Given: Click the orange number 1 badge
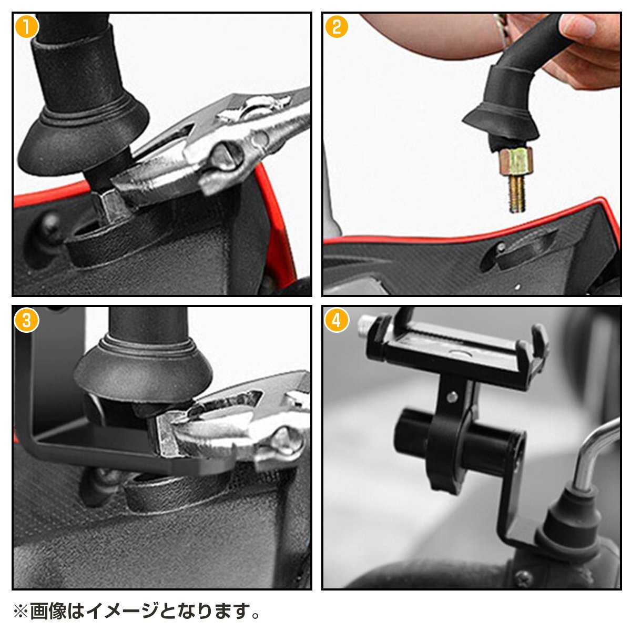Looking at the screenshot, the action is click(26, 27).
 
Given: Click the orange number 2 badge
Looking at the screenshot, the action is click(337, 27).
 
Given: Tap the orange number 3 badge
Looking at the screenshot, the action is click(26, 320).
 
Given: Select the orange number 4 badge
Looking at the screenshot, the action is click(337, 320).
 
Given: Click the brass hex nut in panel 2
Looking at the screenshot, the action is click(515, 161).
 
